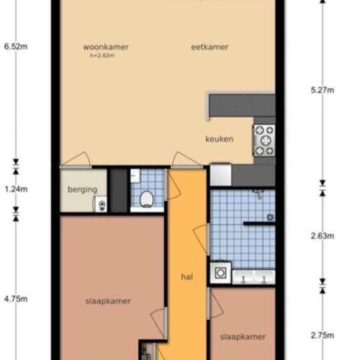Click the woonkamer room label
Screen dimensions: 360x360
(x=105, y=48)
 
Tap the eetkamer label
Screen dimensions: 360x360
(x=210, y=48)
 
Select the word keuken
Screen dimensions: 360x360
(x=219, y=139)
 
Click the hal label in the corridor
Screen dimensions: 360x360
(x=188, y=276)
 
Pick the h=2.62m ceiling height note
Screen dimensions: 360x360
(x=102, y=56)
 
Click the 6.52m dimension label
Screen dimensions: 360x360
(x=15, y=47)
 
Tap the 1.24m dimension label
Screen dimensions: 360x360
(x=15, y=189)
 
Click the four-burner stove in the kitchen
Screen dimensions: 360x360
(x=264, y=140)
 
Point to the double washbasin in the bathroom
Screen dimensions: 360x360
(x=253, y=277)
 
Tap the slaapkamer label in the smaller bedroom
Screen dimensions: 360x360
(x=243, y=336)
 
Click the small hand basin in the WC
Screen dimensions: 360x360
(x=135, y=176)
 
